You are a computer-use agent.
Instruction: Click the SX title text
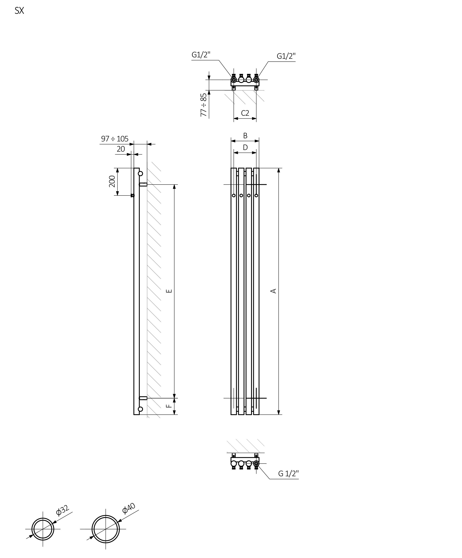click(19, 11)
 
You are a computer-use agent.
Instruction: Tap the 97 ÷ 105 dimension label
click(115, 139)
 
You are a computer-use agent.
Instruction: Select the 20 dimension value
click(121, 149)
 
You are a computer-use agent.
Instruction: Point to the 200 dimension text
click(112, 181)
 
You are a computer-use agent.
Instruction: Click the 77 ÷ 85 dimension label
click(203, 105)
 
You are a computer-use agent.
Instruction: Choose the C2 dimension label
click(245, 113)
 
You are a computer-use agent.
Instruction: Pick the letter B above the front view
click(245, 136)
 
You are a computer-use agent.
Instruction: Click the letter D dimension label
click(245, 147)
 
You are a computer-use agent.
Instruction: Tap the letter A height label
click(273, 291)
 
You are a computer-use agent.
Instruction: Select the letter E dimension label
click(169, 291)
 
